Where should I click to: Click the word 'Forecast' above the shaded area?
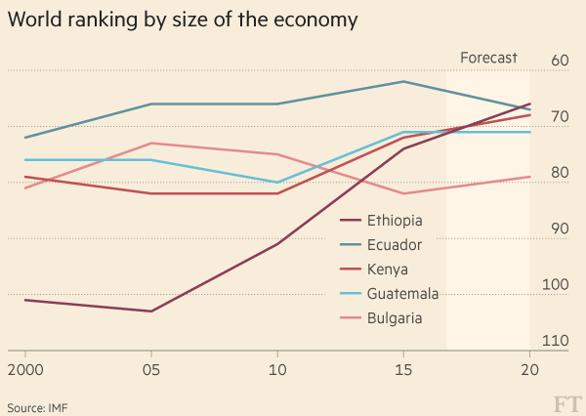click(488, 59)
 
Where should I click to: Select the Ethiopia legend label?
click(395, 221)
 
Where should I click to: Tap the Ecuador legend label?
click(395, 245)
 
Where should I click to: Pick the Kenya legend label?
click(388, 270)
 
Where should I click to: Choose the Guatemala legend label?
click(402, 294)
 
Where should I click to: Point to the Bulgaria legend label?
click(395, 318)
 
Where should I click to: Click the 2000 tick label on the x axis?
click(24, 371)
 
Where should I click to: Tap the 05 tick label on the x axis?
click(151, 371)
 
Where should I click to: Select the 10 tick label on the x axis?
click(277, 371)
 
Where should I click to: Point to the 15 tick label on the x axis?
click(403, 371)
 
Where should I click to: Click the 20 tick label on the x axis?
click(529, 371)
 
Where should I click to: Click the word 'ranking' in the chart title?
click(104, 20)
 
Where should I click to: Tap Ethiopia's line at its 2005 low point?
click(151, 312)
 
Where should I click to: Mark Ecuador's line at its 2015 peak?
click(403, 81)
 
